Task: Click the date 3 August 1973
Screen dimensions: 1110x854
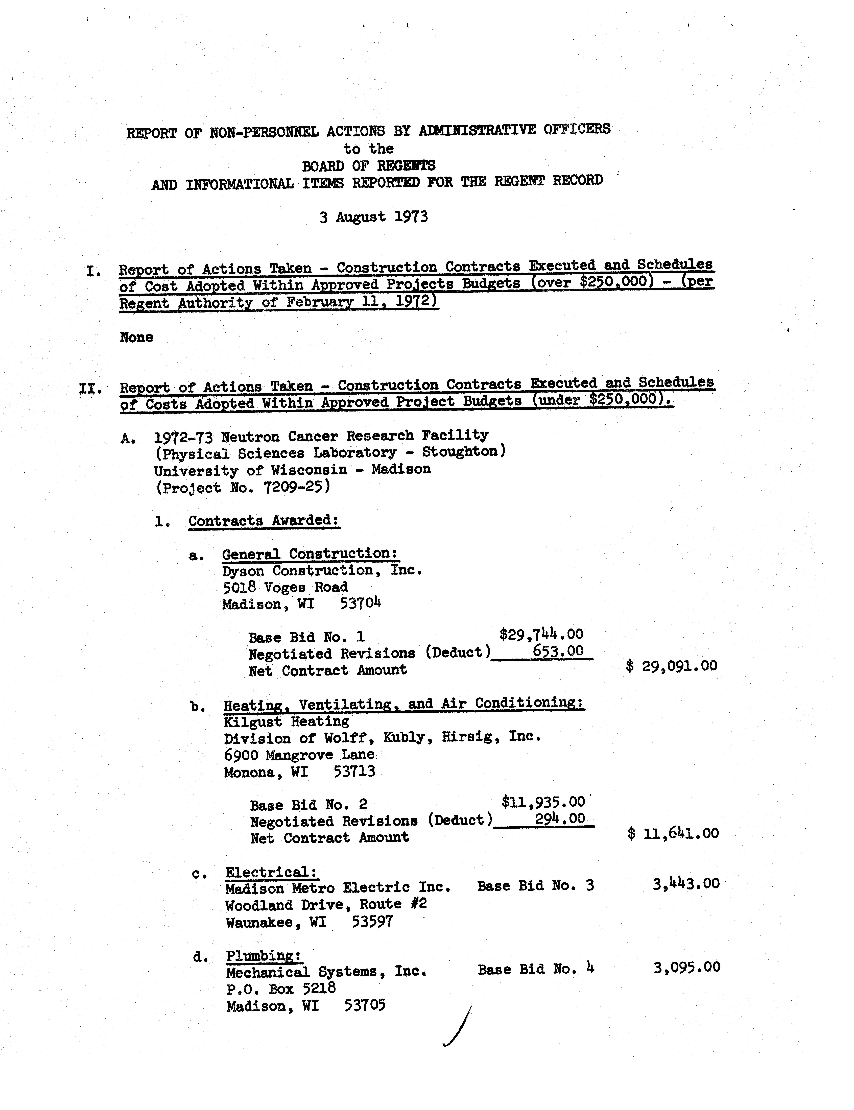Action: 374,217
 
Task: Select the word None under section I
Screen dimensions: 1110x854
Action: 136,337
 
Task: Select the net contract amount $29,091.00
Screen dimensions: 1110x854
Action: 672,666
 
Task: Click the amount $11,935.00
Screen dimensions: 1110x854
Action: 543,802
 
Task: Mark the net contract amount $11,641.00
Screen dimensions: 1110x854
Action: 673,834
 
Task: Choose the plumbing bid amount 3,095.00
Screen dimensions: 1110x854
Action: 687,967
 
